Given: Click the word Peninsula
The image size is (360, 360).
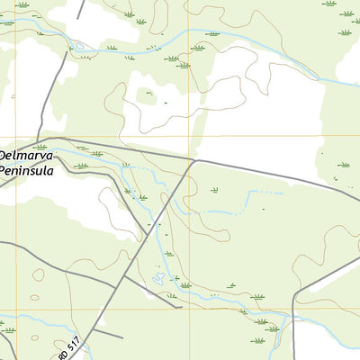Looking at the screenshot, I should [x=27, y=170].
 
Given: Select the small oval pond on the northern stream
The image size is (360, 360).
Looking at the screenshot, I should [x=79, y=45].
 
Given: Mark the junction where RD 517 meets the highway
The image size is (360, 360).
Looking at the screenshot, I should [x=193, y=161].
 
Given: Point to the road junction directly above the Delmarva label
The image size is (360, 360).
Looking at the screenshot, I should [x=40, y=139].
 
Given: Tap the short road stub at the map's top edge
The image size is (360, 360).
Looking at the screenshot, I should [x=80, y=9].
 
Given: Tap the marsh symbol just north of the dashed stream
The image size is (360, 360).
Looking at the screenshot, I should [x=214, y=190].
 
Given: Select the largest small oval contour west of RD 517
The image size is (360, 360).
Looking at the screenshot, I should [x=38, y=275].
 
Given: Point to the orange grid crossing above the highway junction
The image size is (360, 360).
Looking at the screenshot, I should [x=189, y=135].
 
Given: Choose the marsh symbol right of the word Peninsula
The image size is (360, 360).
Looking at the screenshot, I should [x=82, y=166].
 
